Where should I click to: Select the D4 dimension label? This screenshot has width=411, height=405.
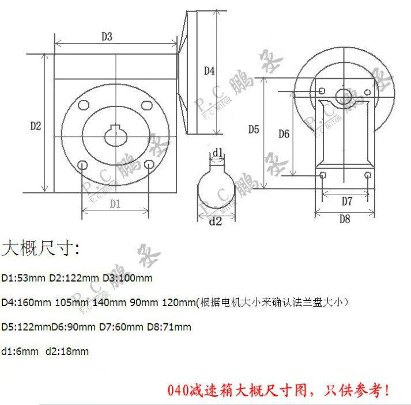pyautogui.click(x=209, y=71)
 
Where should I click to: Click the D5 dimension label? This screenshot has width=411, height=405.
pyautogui.click(x=254, y=129)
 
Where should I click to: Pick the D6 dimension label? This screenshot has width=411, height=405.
pyautogui.click(x=283, y=134)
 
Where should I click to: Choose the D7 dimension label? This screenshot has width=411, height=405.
pyautogui.click(x=346, y=201)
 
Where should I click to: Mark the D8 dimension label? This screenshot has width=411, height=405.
pyautogui.click(x=345, y=219)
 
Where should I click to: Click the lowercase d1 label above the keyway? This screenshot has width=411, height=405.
pyautogui.click(x=217, y=152)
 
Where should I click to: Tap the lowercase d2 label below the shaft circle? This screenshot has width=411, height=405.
pyautogui.click(x=215, y=220)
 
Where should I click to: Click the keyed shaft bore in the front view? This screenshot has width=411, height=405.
pyautogui.click(x=116, y=135)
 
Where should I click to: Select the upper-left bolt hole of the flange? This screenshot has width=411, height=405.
pyautogui.click(x=84, y=106)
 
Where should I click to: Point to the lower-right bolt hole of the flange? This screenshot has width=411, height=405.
pyautogui.click(x=149, y=165)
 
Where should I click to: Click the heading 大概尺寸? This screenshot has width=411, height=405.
pyautogui.click(x=43, y=250)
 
